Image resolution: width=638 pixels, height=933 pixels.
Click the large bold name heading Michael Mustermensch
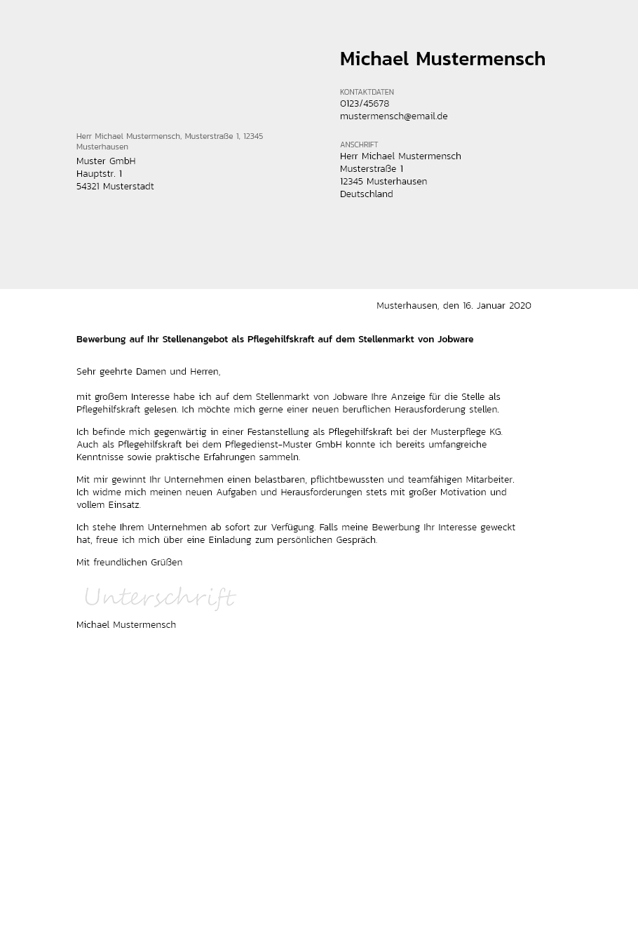coord(442,60)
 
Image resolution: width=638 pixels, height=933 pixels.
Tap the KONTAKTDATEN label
coord(367,93)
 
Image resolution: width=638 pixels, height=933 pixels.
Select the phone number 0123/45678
coord(365,104)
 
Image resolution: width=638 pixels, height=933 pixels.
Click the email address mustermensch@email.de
coord(393,116)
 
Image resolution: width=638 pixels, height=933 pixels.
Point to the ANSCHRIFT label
coord(359,145)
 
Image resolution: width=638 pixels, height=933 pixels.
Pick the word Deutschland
coord(366,194)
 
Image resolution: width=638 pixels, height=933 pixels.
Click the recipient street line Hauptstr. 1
coord(99,174)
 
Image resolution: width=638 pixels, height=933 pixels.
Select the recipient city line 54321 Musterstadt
coord(115,187)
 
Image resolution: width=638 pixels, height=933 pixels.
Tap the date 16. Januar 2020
coord(496,306)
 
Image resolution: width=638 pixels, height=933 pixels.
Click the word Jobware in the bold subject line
coord(455,340)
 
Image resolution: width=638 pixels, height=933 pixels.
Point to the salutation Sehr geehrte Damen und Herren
coord(148,372)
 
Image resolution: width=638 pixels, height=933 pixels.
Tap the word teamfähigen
coord(434,480)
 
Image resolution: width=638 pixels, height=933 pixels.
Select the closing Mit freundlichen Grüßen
coord(129,563)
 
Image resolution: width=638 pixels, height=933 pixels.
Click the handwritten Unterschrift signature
coord(160,598)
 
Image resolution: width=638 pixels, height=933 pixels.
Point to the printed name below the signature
coord(126,625)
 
